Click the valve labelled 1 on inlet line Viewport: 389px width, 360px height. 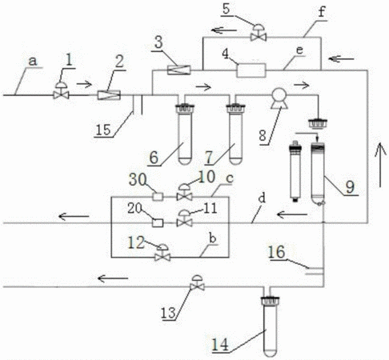(x=62, y=90)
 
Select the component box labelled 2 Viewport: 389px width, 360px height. (x=109, y=95)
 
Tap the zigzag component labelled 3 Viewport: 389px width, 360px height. (x=179, y=70)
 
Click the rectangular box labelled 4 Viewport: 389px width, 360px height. (x=251, y=70)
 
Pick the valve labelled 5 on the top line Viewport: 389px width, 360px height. (x=259, y=33)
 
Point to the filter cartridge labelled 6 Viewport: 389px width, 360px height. (x=185, y=134)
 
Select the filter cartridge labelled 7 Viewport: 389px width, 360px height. (x=235, y=134)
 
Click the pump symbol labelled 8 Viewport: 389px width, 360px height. (x=279, y=98)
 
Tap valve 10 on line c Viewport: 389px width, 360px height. (x=184, y=193)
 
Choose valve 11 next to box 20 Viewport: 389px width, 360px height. (x=184, y=218)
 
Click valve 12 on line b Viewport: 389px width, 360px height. (x=162, y=253)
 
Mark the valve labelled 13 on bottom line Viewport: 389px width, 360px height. (x=197, y=283)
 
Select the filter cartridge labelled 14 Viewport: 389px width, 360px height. (x=270, y=326)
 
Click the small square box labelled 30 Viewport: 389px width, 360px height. (x=158, y=197)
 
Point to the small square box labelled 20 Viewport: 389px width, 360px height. (x=158, y=222)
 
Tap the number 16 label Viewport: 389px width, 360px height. (x=277, y=252)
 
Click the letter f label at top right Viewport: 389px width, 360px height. (x=322, y=12)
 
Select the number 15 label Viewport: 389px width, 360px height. (x=103, y=130)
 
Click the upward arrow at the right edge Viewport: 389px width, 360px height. (x=380, y=165)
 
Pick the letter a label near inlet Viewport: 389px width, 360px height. (x=33, y=62)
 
